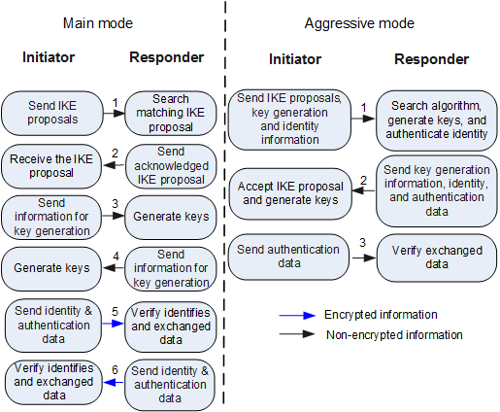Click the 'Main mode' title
98,23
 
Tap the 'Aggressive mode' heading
359,23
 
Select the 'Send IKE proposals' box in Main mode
52,113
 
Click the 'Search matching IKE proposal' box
171,113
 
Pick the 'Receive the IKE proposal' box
51,166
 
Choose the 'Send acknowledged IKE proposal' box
171,166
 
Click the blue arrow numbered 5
114,324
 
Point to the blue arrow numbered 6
114,383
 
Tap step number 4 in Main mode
116,257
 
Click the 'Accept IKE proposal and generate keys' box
290,193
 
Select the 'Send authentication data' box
288,257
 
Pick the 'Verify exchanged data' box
437,257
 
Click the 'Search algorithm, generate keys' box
437,120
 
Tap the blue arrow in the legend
297,315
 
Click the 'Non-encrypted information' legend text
394,335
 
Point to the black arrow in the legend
297,334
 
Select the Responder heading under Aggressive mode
432,59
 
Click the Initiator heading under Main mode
49,57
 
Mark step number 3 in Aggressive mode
362,242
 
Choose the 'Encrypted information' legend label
381,315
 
